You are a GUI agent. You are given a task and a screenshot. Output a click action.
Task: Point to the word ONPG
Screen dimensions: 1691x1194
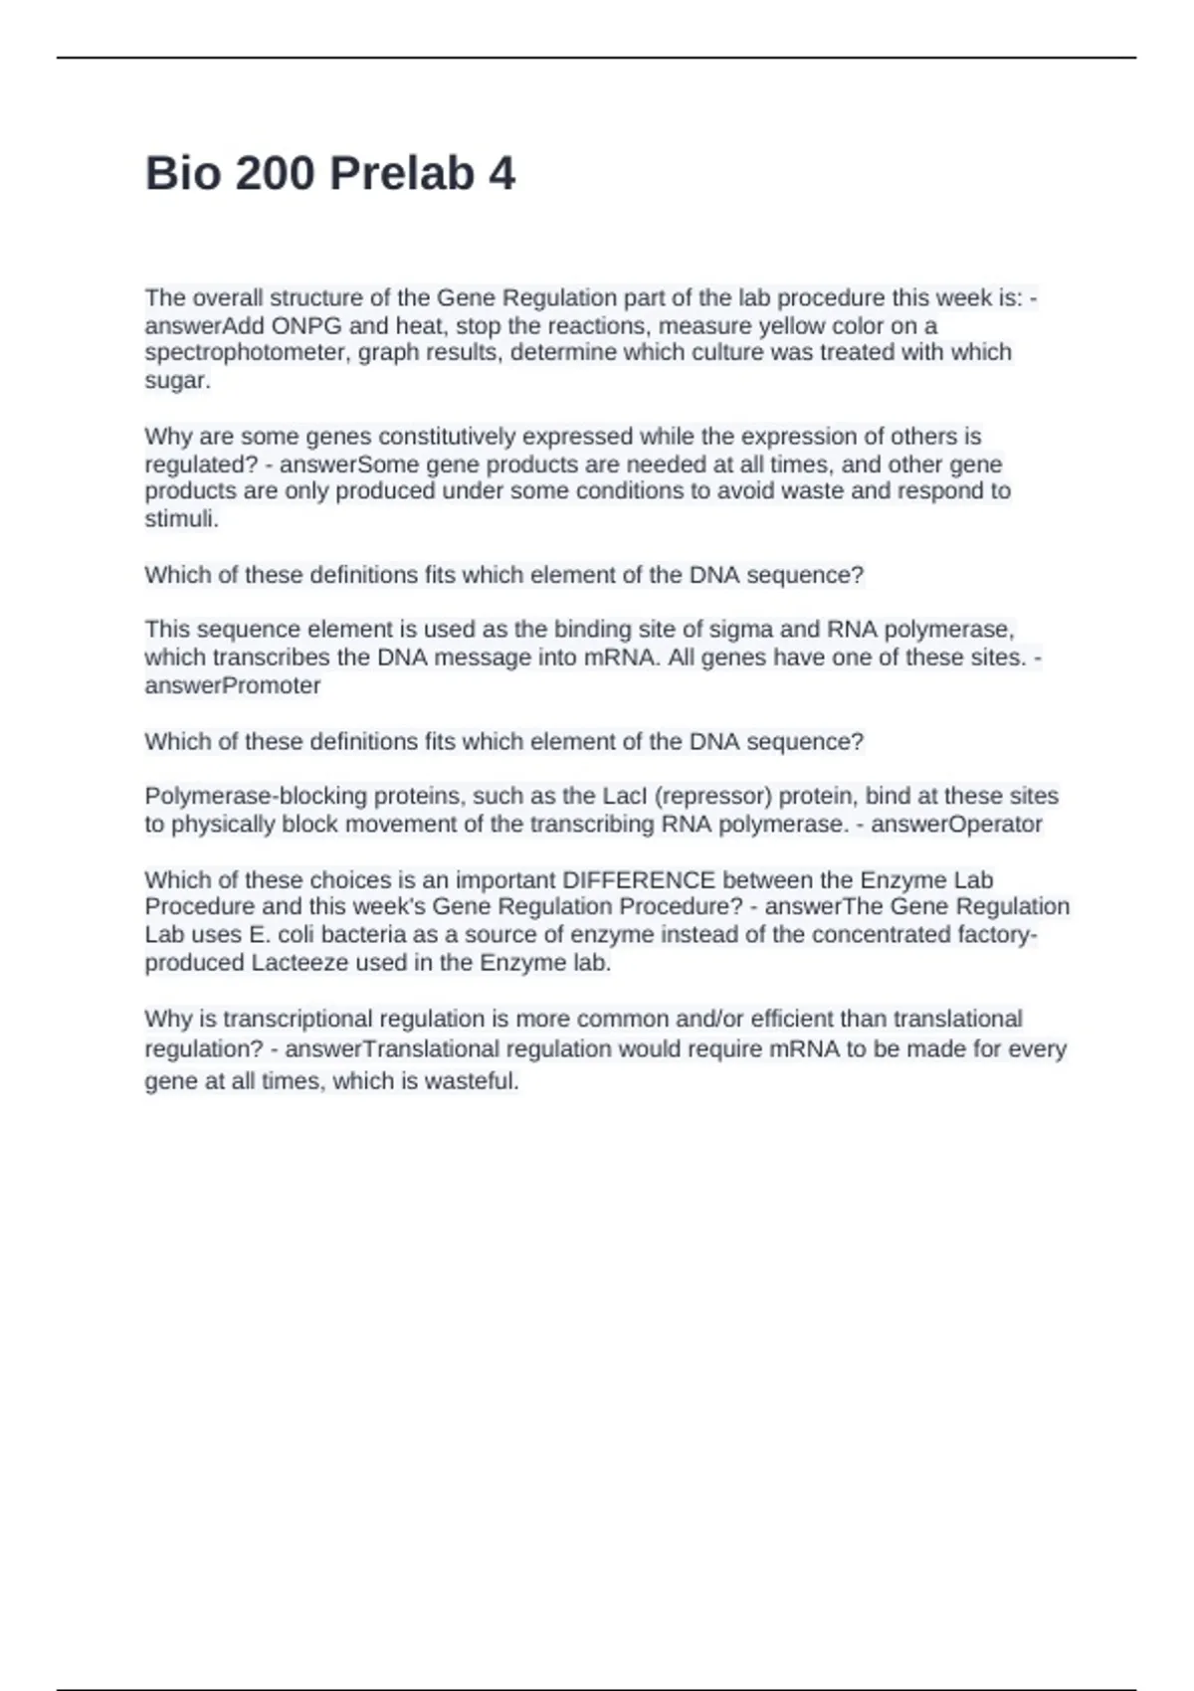tap(305, 326)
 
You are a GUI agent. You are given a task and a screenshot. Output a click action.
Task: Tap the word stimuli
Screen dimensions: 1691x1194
tap(181, 519)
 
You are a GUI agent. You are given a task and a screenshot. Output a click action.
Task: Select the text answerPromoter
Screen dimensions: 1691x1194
tap(232, 686)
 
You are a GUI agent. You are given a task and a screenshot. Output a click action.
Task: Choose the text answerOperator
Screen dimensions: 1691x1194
tap(956, 825)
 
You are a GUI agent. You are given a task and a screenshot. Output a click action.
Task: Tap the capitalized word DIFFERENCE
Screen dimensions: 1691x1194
tap(639, 880)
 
